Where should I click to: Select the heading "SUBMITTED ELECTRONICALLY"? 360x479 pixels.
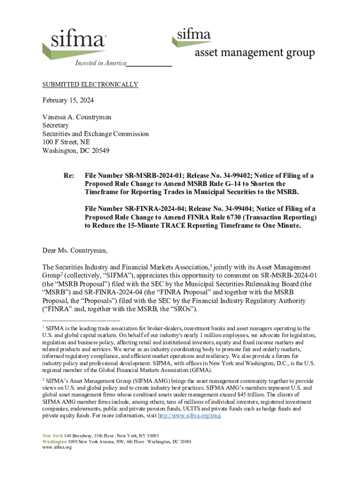[x=90, y=85]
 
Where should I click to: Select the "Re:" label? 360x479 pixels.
[x=69, y=175]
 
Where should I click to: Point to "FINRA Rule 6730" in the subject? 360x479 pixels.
[x=244, y=217]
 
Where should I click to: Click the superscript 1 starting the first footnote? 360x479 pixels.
[x=43, y=327]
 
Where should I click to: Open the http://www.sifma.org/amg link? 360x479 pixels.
[x=189, y=415]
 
